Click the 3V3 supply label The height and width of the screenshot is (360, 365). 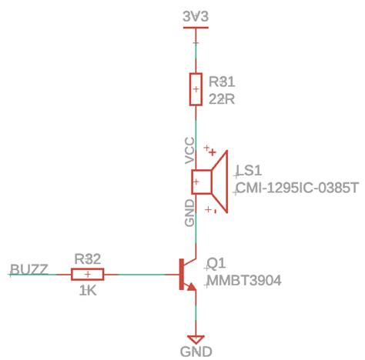tap(196, 15)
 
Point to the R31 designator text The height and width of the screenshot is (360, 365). tap(222, 81)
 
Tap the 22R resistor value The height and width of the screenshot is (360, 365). tap(222, 98)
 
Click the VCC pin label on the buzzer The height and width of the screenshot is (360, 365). tap(189, 151)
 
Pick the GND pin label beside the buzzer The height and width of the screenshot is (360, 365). tap(189, 214)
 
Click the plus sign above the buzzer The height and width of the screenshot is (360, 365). tap(209, 151)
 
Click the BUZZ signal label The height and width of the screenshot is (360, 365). tap(29, 270)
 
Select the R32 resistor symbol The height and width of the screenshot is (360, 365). tap(89, 275)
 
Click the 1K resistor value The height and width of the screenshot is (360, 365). tap(88, 292)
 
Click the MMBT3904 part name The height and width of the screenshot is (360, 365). tap(244, 281)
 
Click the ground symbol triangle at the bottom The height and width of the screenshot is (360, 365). tap(196, 339)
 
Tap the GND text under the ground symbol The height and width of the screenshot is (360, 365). tap(197, 352)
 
